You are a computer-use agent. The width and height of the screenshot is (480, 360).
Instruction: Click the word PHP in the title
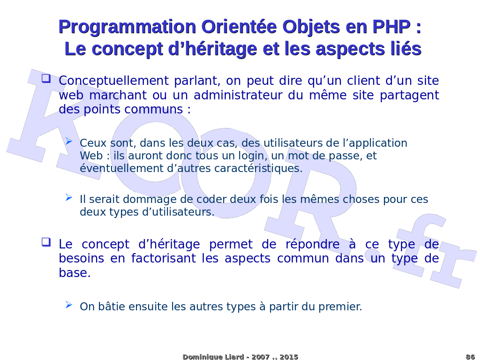[391, 27]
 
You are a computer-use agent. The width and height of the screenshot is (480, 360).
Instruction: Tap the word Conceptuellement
[113, 81]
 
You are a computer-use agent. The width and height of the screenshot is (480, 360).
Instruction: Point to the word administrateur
[238, 95]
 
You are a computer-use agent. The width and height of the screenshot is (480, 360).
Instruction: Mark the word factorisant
[164, 258]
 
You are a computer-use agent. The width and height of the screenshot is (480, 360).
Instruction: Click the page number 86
[470, 357]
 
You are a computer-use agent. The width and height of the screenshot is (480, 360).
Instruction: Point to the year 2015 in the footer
[289, 357]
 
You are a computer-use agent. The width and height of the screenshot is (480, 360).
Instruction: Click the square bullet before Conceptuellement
[46, 78]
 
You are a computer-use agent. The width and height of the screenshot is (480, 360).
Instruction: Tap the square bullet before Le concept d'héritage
[46, 242]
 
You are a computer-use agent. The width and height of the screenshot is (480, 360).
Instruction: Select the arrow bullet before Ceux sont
[69, 141]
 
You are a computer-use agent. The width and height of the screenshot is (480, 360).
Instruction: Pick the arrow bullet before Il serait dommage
[69, 197]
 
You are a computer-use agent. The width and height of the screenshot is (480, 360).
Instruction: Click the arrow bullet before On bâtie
[69, 304]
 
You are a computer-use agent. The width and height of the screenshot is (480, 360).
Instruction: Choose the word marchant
[118, 95]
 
